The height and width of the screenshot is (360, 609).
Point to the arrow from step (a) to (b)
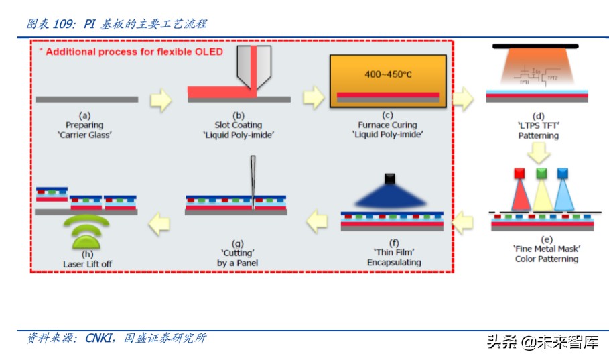tap(161, 99)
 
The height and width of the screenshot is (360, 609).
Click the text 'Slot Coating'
tap(238, 125)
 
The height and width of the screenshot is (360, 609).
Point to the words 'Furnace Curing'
tap(387, 125)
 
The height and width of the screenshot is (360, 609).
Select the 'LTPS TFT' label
tap(538, 125)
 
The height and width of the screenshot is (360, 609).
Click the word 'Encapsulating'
tap(394, 262)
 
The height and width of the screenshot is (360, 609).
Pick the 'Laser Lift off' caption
tap(88, 264)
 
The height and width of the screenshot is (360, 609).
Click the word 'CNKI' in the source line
tap(99, 338)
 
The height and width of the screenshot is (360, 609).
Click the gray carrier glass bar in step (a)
tap(86, 99)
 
